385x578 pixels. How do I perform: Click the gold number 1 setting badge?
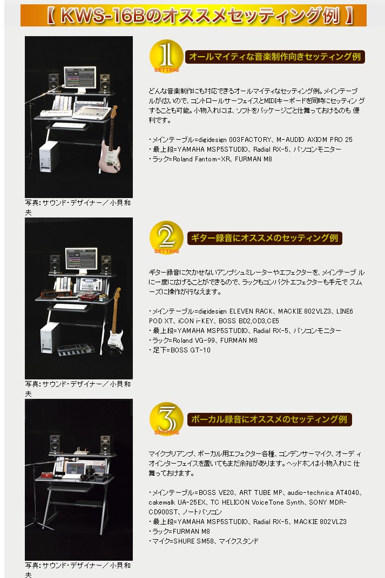(166, 57)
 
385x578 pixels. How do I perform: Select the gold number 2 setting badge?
(166, 238)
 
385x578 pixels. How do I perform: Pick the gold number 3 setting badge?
(166, 419)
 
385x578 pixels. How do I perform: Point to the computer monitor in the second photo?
(82, 261)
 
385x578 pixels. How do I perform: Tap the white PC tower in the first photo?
(49, 157)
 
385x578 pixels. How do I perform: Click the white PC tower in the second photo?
(50, 337)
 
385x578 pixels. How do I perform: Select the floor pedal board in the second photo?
(76, 349)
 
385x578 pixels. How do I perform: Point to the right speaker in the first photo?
(105, 83)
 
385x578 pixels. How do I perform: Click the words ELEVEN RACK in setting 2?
(252, 311)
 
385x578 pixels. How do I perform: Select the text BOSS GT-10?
(191, 350)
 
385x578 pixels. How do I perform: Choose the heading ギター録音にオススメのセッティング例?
(265, 238)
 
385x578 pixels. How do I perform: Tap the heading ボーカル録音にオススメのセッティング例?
(269, 419)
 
